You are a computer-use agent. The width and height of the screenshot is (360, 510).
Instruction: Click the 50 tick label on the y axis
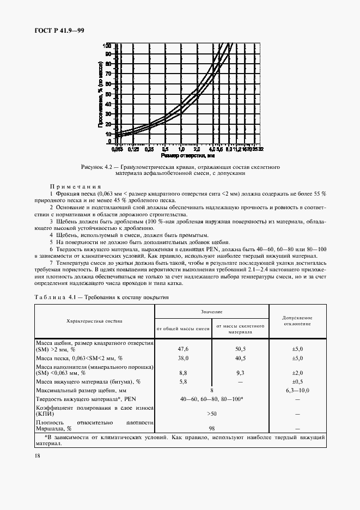[x=108, y=93]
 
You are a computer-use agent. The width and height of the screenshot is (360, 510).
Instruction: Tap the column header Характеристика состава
[x=94, y=321]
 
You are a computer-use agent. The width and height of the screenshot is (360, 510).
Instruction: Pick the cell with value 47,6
[x=183, y=348]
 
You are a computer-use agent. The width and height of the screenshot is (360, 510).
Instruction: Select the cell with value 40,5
[x=240, y=359]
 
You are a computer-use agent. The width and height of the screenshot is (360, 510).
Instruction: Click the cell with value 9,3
[x=240, y=372]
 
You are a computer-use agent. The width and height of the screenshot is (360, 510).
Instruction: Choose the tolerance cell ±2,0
[x=297, y=372]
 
